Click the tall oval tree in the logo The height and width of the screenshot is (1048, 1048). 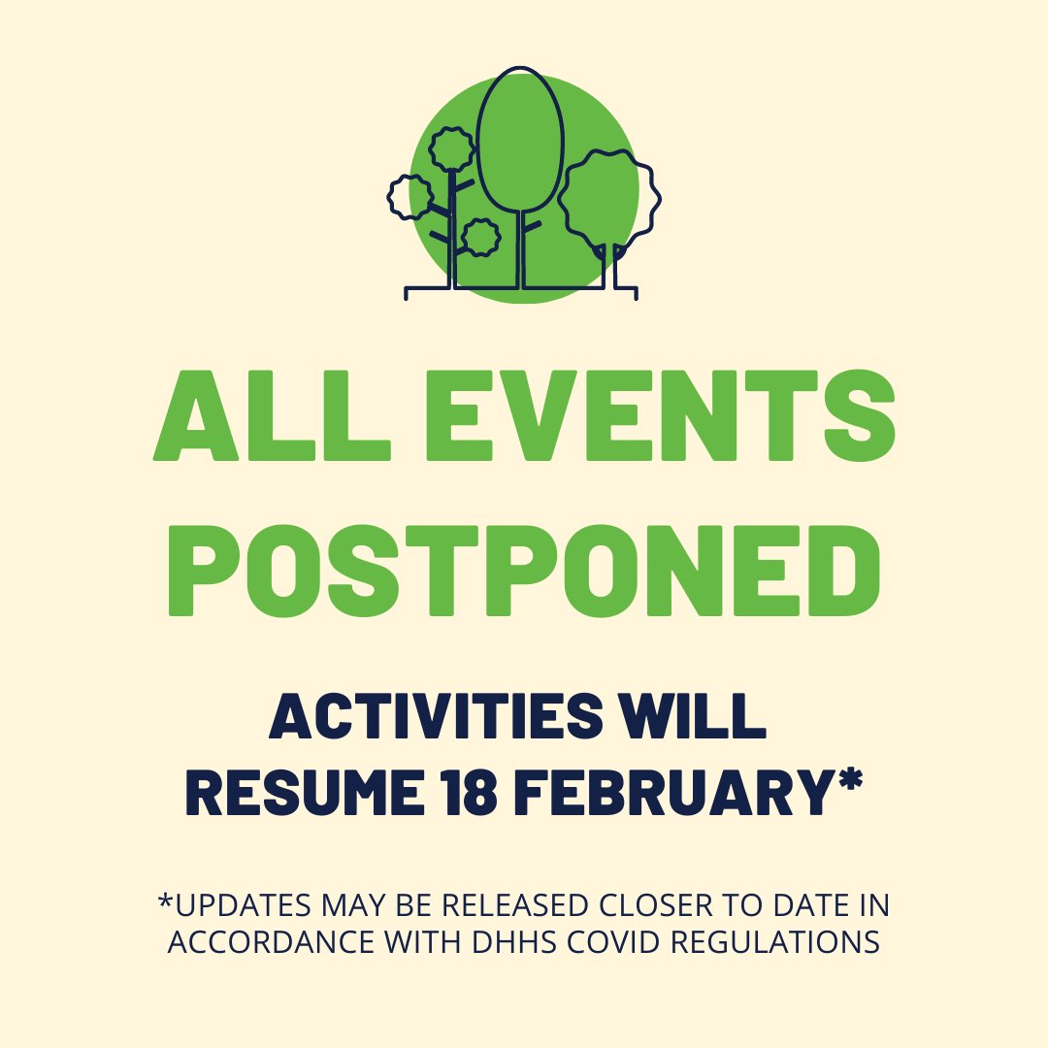521,141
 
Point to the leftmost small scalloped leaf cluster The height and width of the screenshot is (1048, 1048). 409,197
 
